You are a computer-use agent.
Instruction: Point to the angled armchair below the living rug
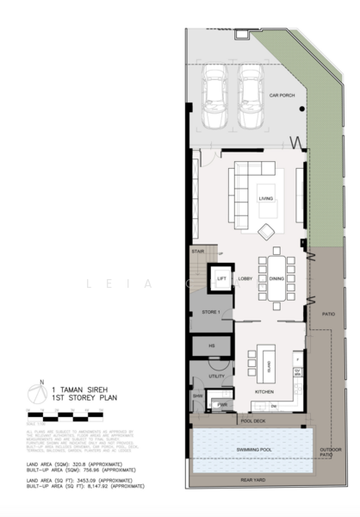click(x=267, y=230)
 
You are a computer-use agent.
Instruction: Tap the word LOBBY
click(x=245, y=278)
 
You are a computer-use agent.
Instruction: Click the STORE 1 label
click(x=212, y=311)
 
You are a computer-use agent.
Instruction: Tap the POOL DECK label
click(x=252, y=420)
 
